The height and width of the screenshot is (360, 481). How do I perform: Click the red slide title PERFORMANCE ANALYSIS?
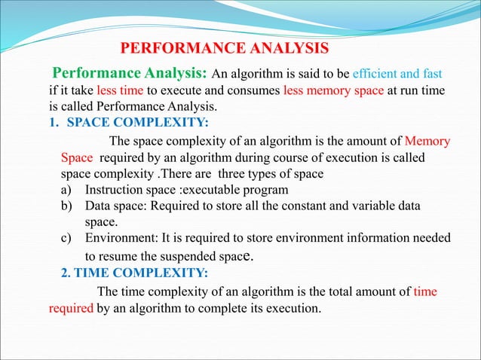pyautogui.click(x=225, y=50)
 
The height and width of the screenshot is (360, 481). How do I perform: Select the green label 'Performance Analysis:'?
pyautogui.click(x=129, y=75)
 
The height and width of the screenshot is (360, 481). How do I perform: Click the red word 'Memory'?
pyautogui.click(x=427, y=141)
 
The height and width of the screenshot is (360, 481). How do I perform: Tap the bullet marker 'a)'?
pyautogui.click(x=67, y=189)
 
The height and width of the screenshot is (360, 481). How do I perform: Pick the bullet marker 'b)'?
pyautogui.click(x=67, y=206)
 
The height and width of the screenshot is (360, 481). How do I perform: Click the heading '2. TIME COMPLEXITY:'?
pyautogui.click(x=129, y=273)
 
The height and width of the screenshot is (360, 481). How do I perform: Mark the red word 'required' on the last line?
pyautogui.click(x=71, y=308)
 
